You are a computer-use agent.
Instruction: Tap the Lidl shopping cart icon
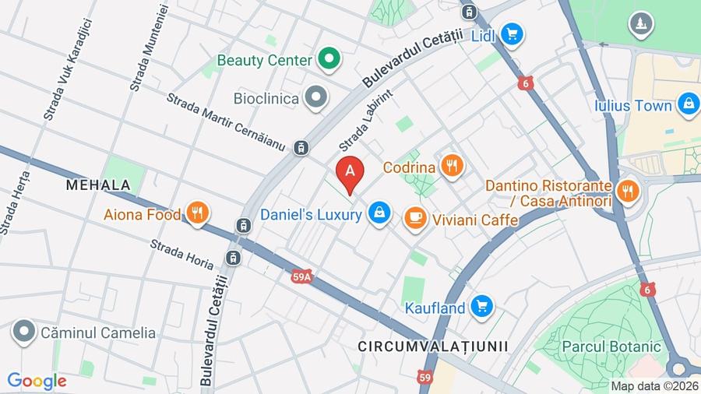512,34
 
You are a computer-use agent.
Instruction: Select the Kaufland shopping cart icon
482,307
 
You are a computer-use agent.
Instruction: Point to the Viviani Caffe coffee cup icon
414,220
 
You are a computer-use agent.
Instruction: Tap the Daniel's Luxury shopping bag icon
379,213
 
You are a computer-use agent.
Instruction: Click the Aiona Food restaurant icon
198,213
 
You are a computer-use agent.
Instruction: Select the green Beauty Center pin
329,59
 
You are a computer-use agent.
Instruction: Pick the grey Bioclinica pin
316,98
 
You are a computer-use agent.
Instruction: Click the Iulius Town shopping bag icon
688,104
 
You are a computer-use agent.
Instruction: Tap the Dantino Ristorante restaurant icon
626,190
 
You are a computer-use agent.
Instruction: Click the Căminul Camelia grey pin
25,332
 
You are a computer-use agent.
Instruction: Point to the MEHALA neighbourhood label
97,185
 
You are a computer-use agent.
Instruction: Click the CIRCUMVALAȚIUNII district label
433,345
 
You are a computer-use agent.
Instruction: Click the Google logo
37,382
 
